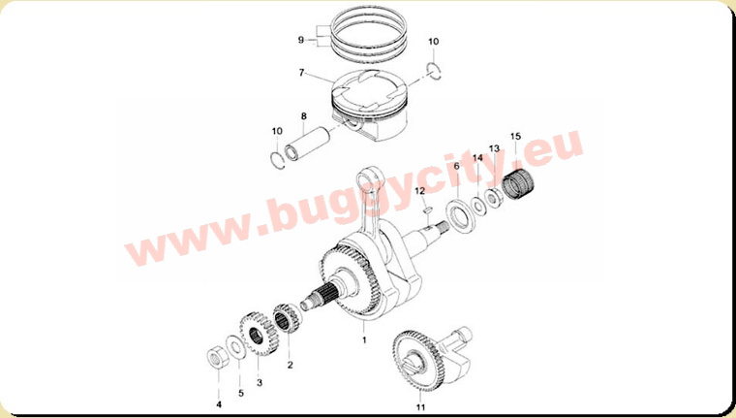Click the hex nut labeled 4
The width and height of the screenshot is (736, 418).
pos(217,360)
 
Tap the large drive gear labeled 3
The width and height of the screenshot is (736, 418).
pos(257,335)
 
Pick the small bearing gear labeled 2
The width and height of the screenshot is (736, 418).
pos(288,318)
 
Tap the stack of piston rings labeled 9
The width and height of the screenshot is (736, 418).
pos(368,33)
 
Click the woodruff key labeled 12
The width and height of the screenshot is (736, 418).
pos(427,209)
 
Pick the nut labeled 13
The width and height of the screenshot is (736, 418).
pos(493,198)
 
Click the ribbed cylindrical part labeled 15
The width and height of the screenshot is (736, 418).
pos(518,183)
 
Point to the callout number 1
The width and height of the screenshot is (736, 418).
pos(364,339)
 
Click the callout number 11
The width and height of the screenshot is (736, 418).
pos(420,407)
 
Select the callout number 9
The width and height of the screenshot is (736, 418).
pos(301,40)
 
